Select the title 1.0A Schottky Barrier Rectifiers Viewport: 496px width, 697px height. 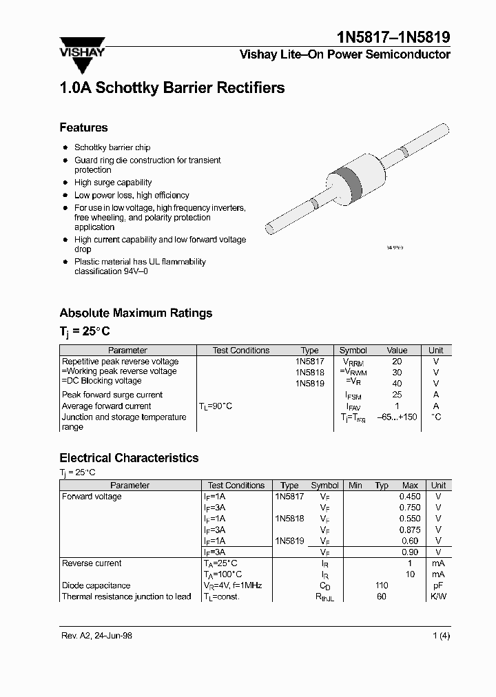tap(172, 88)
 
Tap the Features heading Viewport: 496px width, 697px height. tap(83, 127)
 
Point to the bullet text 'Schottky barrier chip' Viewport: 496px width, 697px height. tap(112, 147)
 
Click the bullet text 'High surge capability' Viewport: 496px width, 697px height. tap(113, 183)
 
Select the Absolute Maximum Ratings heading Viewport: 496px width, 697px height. tap(136, 313)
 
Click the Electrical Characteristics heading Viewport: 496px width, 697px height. tap(129, 458)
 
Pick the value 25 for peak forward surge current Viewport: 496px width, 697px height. tap(397, 395)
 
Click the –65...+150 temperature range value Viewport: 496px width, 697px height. tap(397, 417)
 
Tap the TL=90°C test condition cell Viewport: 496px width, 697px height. tap(215, 406)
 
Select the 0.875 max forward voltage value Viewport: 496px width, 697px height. tap(409, 530)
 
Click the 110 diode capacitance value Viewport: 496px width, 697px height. tap(381, 585)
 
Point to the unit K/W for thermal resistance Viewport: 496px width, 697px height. tap(438, 596)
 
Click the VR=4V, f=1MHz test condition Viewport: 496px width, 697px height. tap(233, 585)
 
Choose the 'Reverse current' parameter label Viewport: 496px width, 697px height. tap(92, 563)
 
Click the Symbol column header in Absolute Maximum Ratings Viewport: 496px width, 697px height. tap(353, 351)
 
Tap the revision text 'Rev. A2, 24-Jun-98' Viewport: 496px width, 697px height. tap(96, 636)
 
